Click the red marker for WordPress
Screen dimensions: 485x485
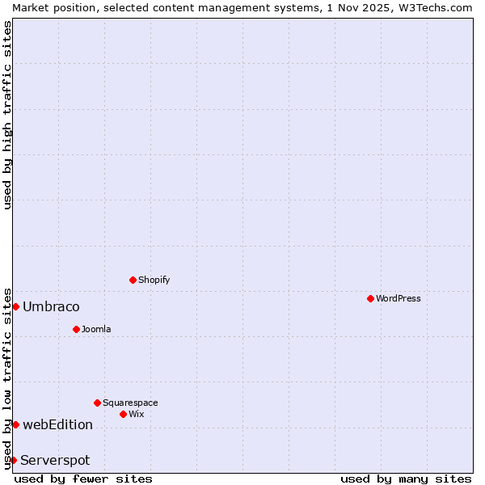[370, 298]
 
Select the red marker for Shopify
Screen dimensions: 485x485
[133, 280]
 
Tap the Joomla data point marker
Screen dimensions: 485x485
[76, 329]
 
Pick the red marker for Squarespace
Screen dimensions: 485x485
[97, 403]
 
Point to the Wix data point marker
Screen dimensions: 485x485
[123, 414]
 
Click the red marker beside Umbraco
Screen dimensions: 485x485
[15, 306]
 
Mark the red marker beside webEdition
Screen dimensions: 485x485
[15, 424]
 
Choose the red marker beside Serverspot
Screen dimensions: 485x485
[13, 460]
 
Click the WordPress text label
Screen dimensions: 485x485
[399, 298]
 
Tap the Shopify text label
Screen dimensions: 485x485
[154, 280]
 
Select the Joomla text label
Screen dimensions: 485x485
[96, 329]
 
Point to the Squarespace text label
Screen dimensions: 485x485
[130, 403]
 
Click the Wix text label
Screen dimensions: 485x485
[137, 414]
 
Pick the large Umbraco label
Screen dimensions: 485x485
[51, 306]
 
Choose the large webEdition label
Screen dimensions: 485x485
[57, 424]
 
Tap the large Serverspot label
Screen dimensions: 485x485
[55, 460]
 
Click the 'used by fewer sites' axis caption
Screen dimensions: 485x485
[83, 479]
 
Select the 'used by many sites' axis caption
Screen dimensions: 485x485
[406, 479]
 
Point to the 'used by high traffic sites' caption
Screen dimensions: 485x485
[7, 115]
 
